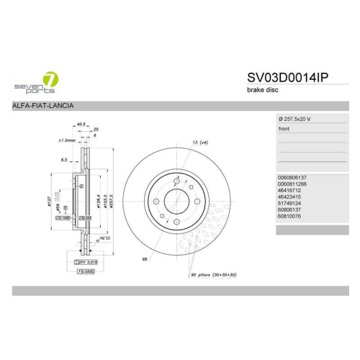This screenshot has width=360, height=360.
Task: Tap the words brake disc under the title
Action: (x=263, y=91)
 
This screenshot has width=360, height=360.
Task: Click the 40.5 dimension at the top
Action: (x=81, y=124)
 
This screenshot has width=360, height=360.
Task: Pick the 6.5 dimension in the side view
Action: (x=64, y=160)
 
